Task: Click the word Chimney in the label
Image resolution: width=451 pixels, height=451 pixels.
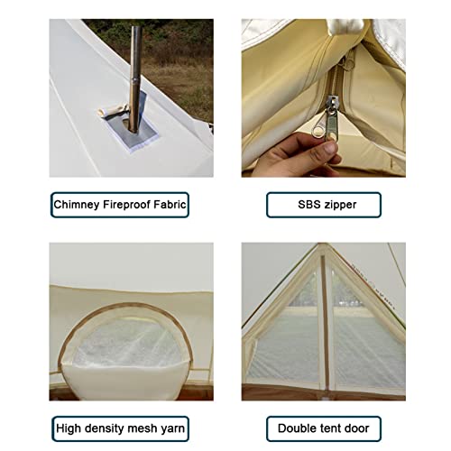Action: [x=78, y=205]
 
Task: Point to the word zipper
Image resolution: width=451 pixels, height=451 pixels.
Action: [x=343, y=205]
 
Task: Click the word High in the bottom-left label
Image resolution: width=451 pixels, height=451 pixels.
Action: [x=70, y=428]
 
